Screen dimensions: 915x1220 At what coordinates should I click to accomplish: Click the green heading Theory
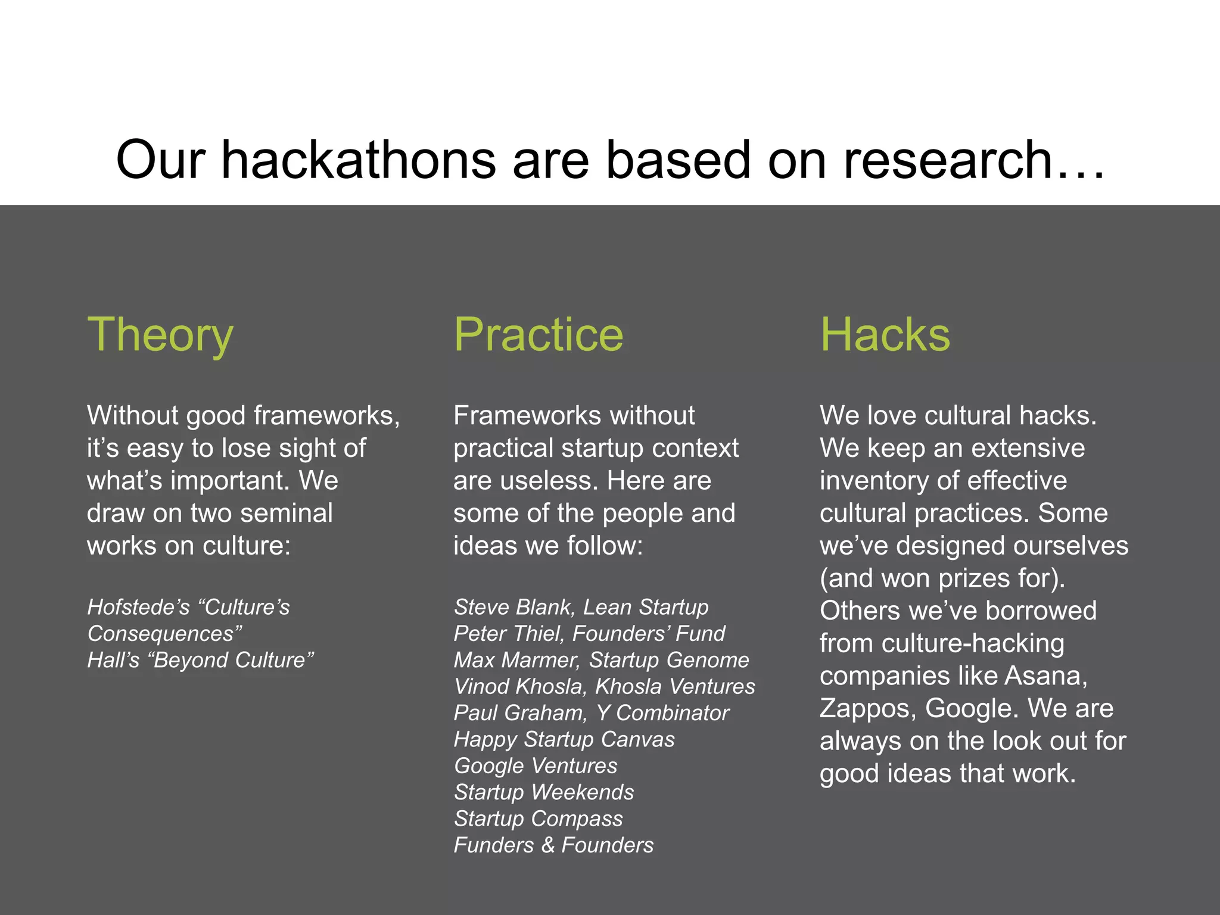coord(160,335)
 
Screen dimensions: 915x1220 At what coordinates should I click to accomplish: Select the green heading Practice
coord(538,335)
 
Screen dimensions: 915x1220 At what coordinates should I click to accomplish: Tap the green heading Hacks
coord(885,335)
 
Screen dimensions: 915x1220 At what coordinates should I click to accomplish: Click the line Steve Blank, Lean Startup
coord(581,607)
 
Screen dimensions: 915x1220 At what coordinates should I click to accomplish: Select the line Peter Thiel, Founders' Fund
coord(589,633)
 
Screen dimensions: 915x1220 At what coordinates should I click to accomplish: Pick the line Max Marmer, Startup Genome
coord(601,660)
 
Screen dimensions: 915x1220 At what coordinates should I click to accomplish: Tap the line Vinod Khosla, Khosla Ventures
coord(604,686)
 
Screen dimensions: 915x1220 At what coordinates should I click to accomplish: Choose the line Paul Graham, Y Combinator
coord(591,712)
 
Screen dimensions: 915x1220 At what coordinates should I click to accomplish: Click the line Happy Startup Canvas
coord(564,739)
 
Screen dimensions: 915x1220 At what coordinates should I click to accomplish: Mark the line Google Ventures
coord(535,765)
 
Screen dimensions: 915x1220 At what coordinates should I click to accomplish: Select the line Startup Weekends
coord(543,792)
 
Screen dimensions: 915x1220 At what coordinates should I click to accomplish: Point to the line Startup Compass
coord(538,818)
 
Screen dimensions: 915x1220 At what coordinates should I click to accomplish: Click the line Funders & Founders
coord(553,845)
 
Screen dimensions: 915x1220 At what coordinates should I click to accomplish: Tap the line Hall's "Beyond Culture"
coord(200,660)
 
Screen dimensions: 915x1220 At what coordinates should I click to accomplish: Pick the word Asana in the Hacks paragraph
coord(1045,676)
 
